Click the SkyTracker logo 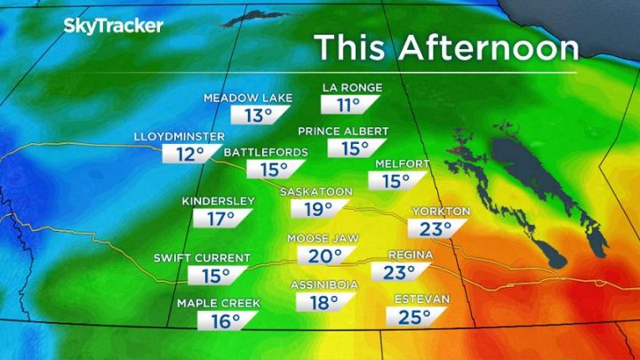click(113, 26)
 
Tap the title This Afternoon click(446, 47)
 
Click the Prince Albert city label click(342, 132)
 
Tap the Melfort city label click(403, 164)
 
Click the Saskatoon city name click(316, 191)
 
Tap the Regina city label click(410, 255)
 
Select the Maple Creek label click(218, 303)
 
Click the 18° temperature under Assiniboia click(322, 302)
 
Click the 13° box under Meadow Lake click(258, 115)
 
